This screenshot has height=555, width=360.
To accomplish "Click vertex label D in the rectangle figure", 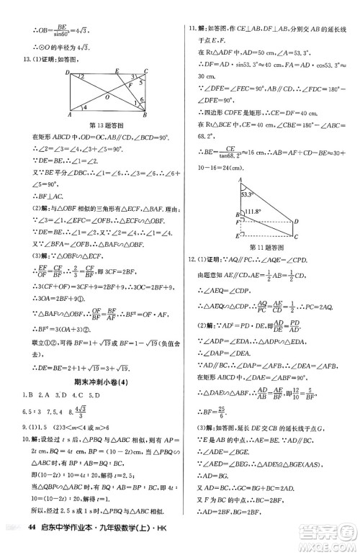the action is [66, 73].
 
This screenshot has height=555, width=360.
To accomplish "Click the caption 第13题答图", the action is [107, 125].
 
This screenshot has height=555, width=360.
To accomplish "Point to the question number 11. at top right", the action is [190, 8].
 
